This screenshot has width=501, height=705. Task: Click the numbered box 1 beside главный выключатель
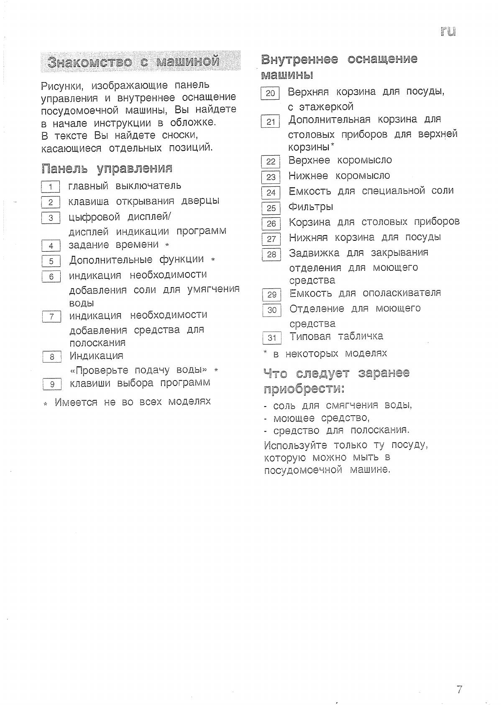point(51,187)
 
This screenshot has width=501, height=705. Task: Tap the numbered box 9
point(52,384)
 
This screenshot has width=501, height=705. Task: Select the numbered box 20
point(270,93)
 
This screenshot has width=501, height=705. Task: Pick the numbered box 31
point(272,338)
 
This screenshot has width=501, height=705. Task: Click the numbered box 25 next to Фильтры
point(271,208)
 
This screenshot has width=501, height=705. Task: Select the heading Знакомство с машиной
point(133,62)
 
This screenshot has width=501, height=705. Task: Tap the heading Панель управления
point(107,169)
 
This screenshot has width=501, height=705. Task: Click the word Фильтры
point(311,207)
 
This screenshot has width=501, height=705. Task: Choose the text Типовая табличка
point(336,336)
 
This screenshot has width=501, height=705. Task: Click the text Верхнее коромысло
point(340,160)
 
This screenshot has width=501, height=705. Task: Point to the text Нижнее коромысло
point(339,176)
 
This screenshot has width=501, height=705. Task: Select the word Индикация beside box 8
point(96,356)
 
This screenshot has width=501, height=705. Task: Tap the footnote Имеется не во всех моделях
point(133,402)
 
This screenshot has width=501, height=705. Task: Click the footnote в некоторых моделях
point(330,354)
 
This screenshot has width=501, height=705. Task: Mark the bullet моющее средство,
point(321,418)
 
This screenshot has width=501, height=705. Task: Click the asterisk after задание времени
point(167,245)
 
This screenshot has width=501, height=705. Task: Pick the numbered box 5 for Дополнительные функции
point(51,261)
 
